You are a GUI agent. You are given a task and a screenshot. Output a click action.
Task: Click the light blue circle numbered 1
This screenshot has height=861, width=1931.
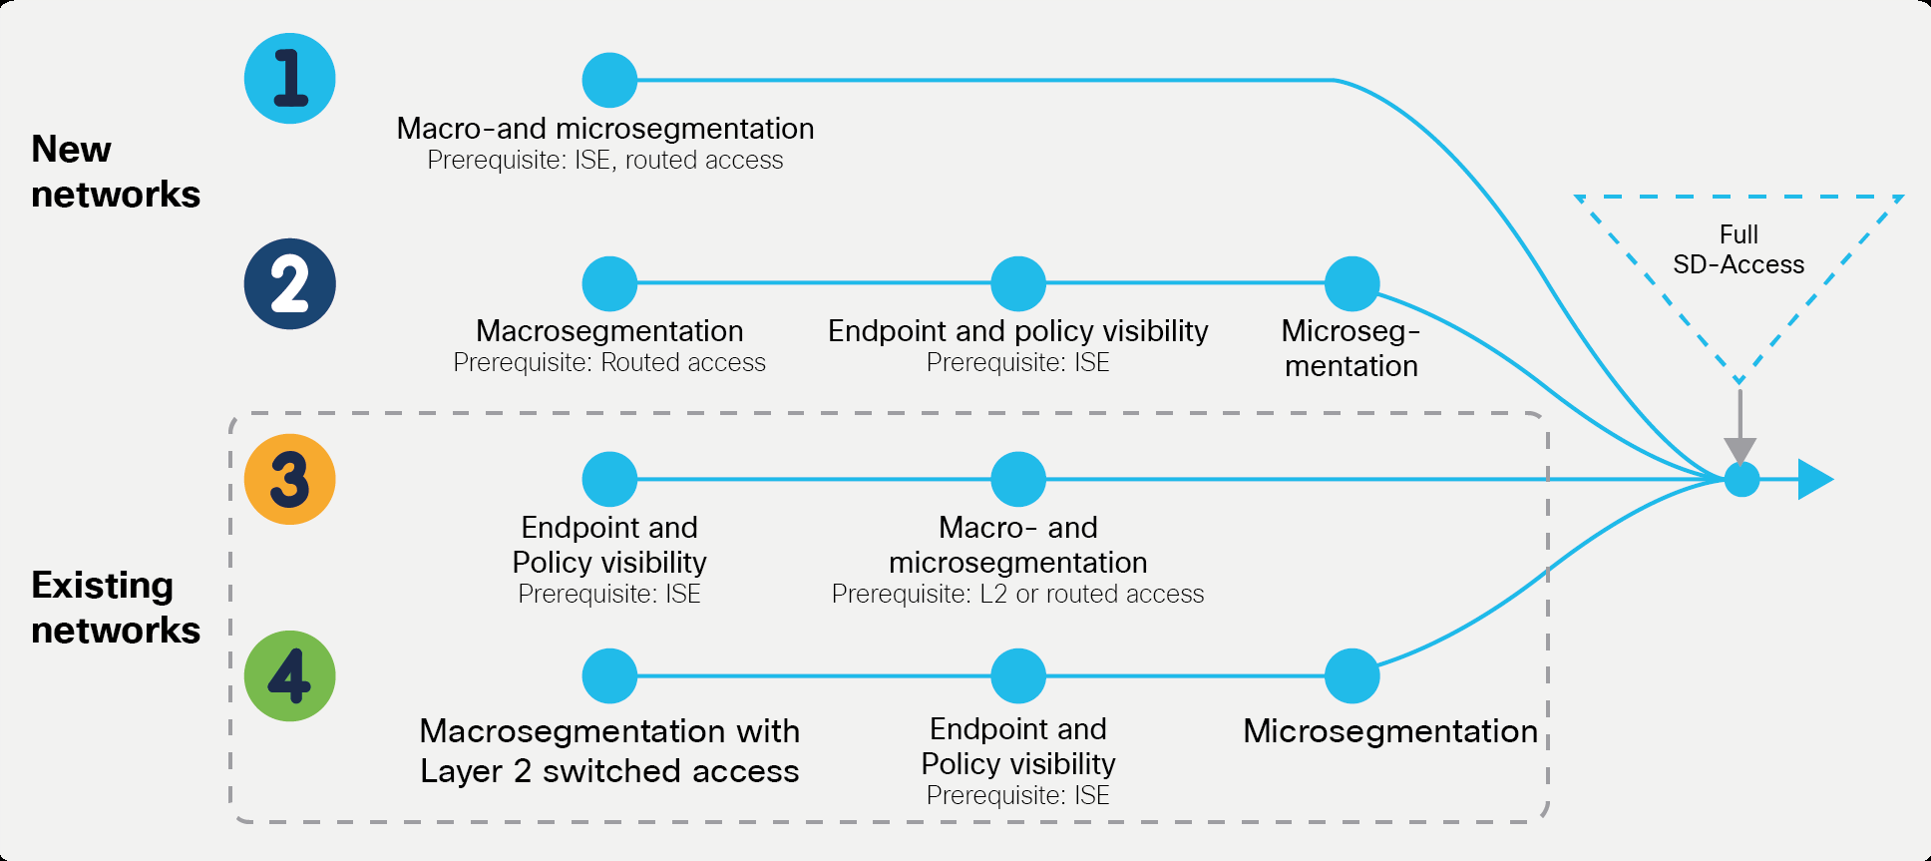(289, 79)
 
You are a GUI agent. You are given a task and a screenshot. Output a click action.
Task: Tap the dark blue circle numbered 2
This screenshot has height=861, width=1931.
(289, 283)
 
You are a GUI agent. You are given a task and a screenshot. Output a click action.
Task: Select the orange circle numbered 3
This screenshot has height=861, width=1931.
(289, 479)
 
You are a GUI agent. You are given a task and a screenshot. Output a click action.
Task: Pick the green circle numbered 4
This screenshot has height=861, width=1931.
(289, 675)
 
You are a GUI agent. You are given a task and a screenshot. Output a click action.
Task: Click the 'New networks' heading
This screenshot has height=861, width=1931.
(115, 172)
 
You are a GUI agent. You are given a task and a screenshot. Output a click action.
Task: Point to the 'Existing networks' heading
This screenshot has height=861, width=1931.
(115, 607)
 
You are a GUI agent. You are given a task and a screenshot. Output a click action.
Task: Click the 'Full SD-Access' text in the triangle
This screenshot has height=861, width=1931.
(1738, 249)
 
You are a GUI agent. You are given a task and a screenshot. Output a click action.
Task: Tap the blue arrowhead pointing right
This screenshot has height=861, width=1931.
(1814, 480)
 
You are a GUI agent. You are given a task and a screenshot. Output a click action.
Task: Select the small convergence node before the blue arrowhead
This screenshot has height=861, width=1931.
(1741, 480)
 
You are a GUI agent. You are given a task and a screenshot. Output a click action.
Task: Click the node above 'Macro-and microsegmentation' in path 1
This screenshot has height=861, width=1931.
(609, 80)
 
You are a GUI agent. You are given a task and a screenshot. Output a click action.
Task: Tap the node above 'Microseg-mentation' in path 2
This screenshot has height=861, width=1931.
(1352, 283)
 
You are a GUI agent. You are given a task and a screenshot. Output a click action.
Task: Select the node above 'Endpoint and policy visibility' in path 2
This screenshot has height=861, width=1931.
(1017, 283)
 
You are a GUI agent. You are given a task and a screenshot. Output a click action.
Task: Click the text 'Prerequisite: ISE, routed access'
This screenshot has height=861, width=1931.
(604, 161)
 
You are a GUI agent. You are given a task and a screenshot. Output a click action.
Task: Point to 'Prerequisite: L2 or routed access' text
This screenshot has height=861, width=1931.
(1017, 595)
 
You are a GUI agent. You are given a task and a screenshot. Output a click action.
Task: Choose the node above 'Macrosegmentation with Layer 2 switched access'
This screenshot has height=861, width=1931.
(609, 675)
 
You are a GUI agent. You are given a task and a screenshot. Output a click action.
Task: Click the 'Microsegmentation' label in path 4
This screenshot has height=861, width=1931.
(1389, 731)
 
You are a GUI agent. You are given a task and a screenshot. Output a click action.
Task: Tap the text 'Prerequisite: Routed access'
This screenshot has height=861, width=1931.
(609, 363)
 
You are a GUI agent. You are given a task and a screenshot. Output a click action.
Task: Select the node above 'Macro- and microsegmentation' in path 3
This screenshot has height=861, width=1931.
(1017, 479)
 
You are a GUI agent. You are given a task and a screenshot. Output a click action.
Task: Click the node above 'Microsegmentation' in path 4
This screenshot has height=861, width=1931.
(1352, 675)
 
